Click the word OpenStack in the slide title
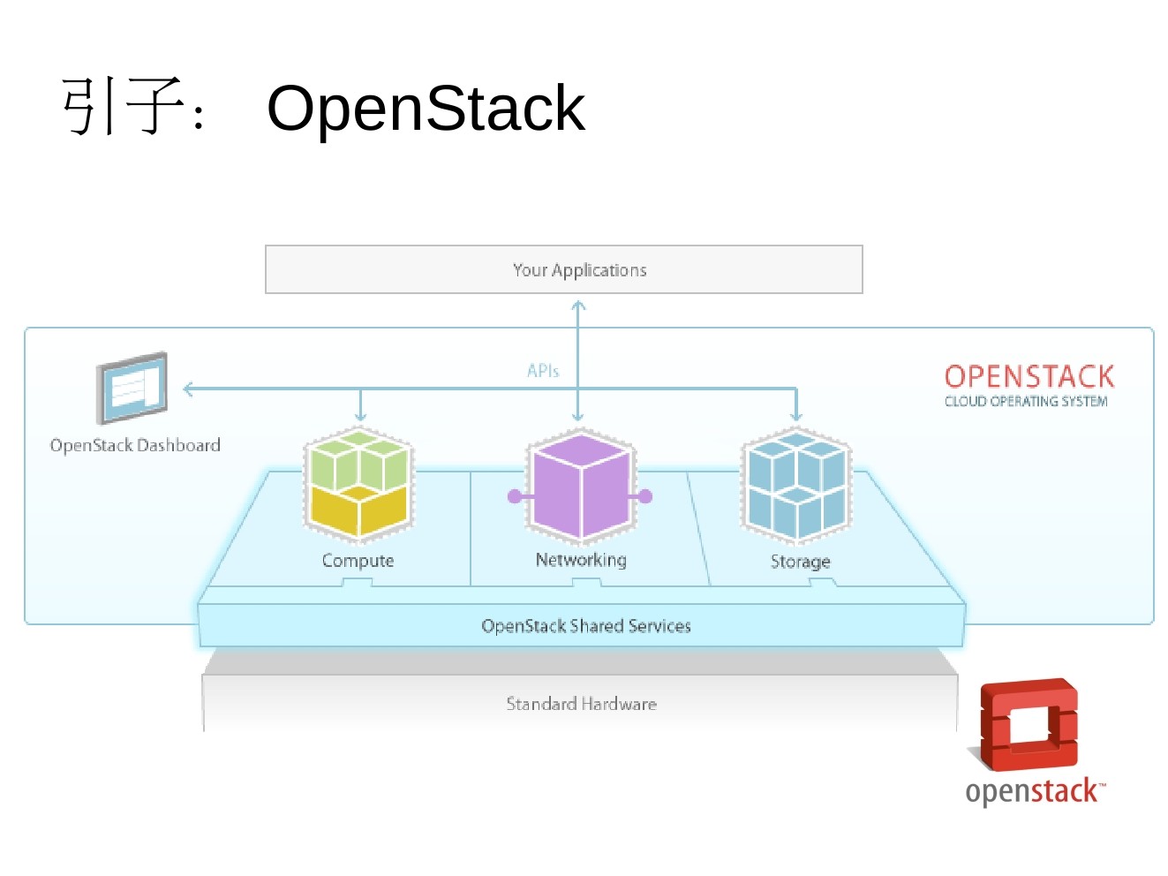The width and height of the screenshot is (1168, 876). pos(426,109)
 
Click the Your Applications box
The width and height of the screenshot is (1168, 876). pos(563,269)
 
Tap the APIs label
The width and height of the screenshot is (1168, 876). pos(543,371)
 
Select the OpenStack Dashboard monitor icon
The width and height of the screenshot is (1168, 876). pos(132,388)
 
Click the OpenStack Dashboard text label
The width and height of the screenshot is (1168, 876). pos(135,445)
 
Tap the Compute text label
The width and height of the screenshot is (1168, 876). pos(358,561)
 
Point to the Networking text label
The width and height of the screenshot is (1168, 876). pos(581,560)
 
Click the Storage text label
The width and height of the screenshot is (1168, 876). pos(800,562)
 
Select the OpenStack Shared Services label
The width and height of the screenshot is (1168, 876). pos(585,626)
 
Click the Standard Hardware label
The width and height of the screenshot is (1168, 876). pos(581,704)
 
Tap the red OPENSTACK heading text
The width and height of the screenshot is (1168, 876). pos(1029,377)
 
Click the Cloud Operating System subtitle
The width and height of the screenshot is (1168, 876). pos(1025,402)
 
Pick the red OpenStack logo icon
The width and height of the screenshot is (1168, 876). pos(1029,723)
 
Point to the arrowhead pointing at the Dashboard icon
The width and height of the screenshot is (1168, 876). pos(188,389)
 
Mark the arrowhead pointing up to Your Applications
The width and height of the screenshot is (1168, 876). pos(578,306)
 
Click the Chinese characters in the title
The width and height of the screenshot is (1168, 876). pos(124,107)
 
